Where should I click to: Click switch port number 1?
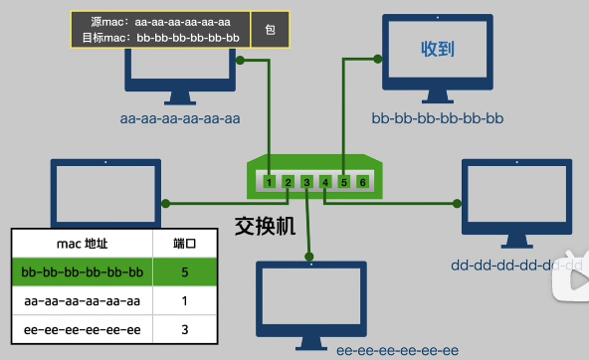[270, 182]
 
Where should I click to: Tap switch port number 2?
[289, 182]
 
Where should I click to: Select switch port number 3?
[306, 182]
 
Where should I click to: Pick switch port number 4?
[325, 182]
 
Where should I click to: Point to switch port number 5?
[344, 182]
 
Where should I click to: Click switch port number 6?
[362, 182]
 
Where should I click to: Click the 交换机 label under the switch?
[266, 226]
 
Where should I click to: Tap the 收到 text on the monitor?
[438, 49]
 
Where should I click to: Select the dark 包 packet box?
[270, 30]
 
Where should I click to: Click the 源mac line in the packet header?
[161, 22]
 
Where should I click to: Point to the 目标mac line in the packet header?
[161, 38]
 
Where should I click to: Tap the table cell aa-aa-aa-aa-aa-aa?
[82, 300]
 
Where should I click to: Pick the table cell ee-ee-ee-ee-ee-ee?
[82, 328]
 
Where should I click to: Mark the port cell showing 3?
[185, 328]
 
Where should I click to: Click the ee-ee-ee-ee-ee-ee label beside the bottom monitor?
[398, 351]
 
